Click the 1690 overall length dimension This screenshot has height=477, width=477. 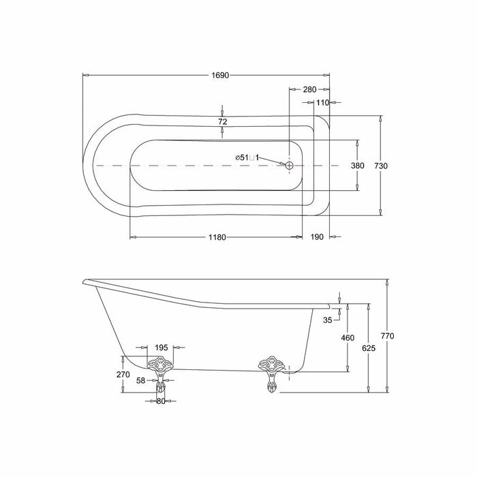[220, 75]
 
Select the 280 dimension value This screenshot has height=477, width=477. [309, 89]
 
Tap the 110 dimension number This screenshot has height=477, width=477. [322, 103]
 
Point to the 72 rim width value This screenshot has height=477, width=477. [223, 122]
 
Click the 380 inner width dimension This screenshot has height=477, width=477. [358, 166]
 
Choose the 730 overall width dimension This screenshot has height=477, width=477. [381, 166]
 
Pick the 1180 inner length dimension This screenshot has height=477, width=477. [217, 237]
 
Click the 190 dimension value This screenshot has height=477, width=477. [317, 237]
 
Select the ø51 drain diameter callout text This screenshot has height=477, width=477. [247, 157]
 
